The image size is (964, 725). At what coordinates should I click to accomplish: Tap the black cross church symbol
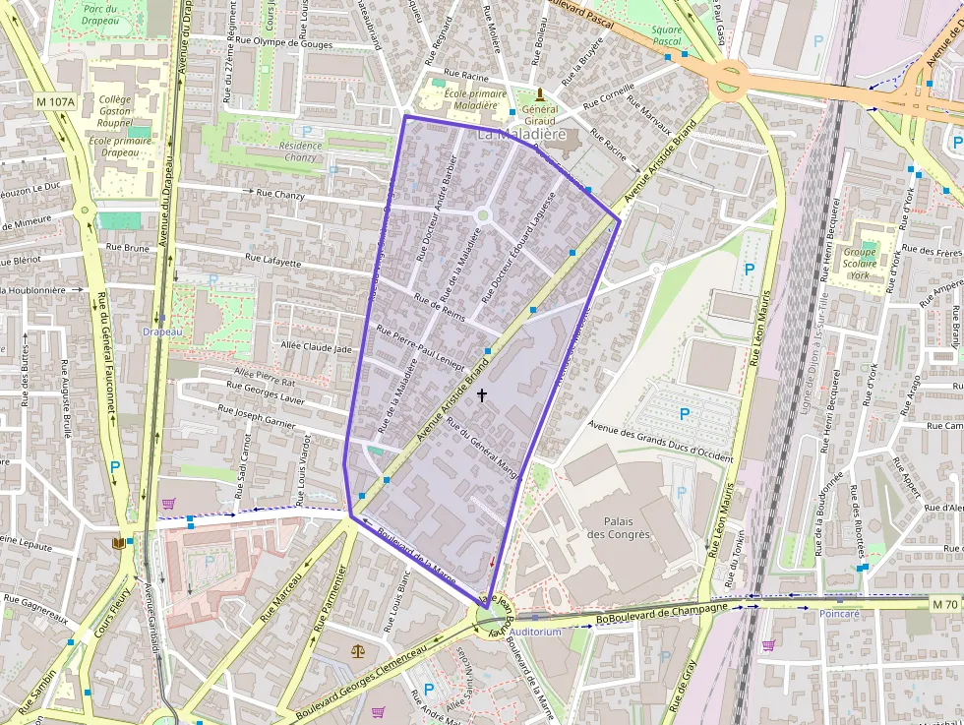pyautogui.click(x=482, y=394)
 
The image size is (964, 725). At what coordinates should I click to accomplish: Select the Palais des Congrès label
pyautogui.click(x=619, y=527)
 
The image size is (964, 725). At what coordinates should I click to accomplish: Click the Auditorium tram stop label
pyautogui.click(x=536, y=632)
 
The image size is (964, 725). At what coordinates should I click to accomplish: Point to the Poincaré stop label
pyautogui.click(x=839, y=614)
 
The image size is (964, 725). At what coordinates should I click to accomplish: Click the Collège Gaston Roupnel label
pyautogui.click(x=115, y=111)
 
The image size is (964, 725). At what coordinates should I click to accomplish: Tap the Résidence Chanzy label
pyautogui.click(x=301, y=151)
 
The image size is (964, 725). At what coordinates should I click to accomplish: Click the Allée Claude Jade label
pyautogui.click(x=316, y=348)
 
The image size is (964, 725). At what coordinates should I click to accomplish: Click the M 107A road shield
pyautogui.click(x=54, y=101)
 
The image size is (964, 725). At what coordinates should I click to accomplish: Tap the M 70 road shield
pyautogui.click(x=946, y=603)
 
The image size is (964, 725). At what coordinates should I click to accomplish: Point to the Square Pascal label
pyautogui.click(x=667, y=36)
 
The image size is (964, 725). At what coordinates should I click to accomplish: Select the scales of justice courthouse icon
pyautogui.click(x=356, y=650)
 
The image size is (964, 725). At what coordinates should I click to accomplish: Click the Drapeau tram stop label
pyautogui.click(x=162, y=332)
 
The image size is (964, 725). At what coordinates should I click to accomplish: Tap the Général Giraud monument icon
pyautogui.click(x=539, y=95)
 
